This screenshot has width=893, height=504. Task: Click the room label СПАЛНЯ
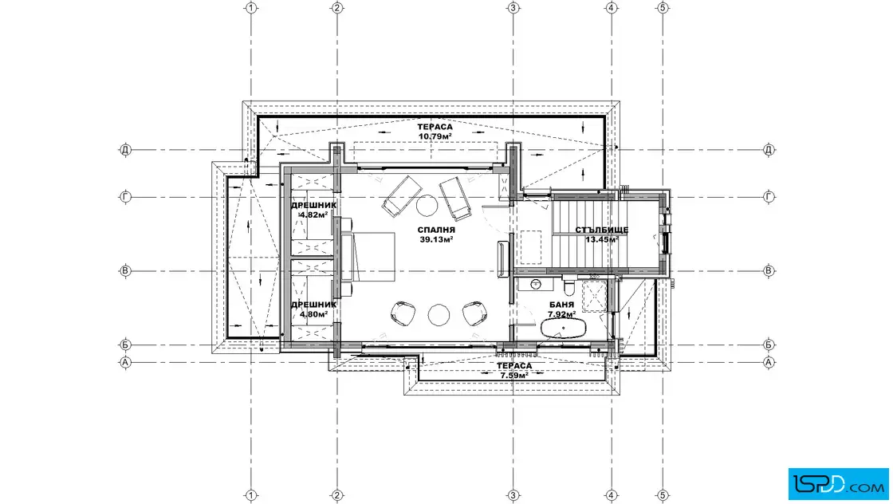435,230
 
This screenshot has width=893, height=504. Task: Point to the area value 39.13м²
436,240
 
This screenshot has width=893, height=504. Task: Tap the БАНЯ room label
561,305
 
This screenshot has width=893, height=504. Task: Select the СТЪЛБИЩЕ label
601,230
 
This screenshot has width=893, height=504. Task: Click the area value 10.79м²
435,136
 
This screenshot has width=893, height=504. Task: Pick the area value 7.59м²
514,376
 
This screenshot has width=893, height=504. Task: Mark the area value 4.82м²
313,215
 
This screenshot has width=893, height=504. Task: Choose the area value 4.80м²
313,314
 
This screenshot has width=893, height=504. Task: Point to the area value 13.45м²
601,240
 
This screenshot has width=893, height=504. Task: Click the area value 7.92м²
561,314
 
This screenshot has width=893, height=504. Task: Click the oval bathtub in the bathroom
563,329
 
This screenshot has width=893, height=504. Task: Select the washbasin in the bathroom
535,284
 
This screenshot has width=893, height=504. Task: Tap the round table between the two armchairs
439,315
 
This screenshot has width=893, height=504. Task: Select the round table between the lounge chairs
426,206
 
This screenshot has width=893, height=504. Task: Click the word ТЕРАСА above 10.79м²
435,127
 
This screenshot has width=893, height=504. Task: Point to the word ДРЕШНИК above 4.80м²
314,305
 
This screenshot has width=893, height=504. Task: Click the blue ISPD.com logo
838,484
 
